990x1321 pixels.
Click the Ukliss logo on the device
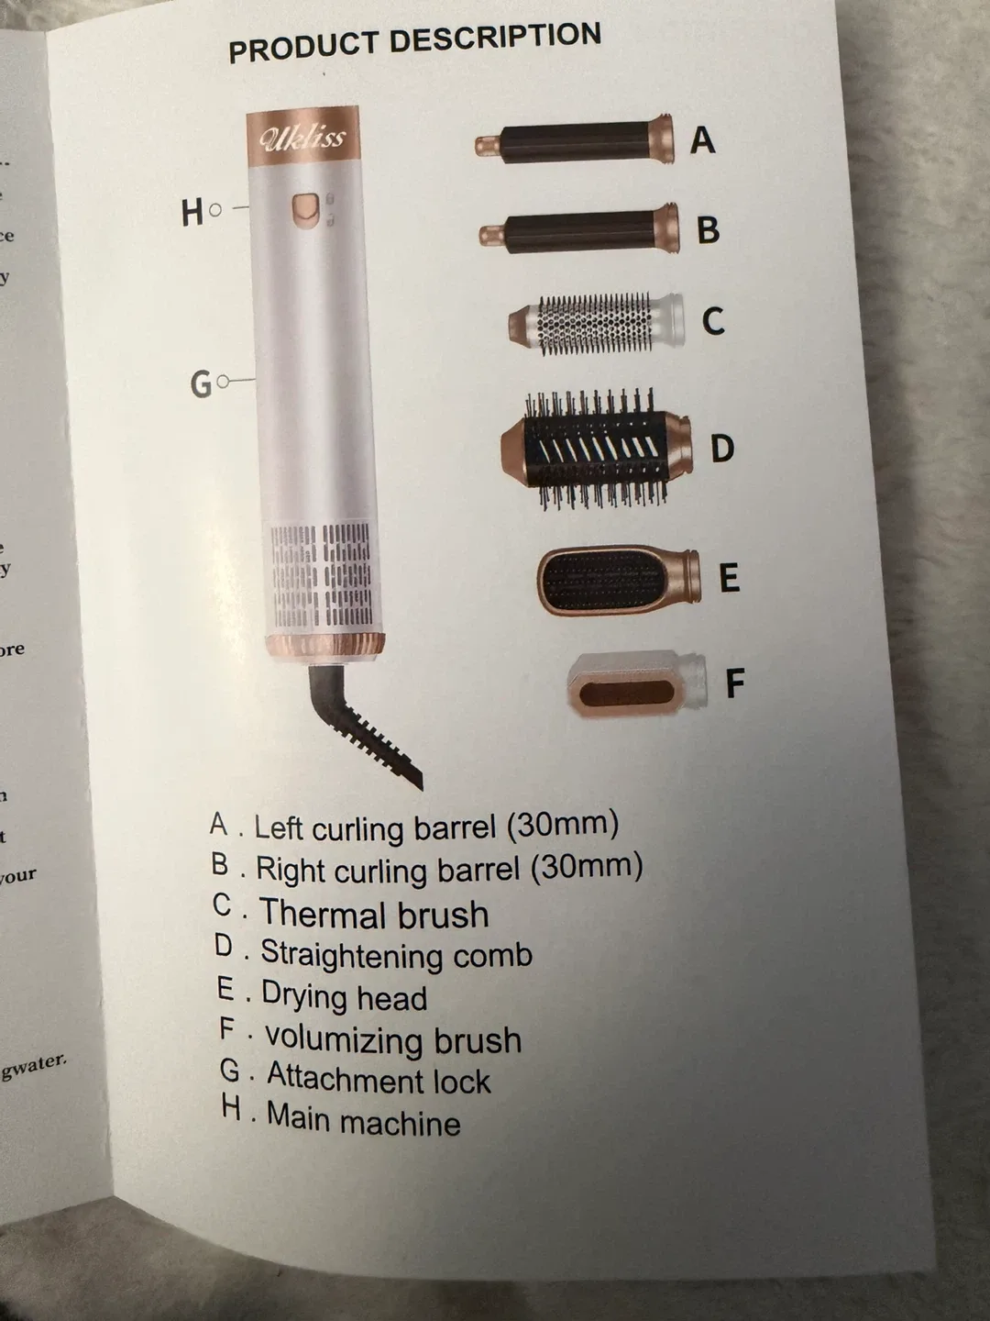302,138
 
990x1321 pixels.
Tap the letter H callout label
192,212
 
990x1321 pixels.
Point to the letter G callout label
201,383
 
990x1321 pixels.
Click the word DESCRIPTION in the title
495,39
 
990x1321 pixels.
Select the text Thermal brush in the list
374,915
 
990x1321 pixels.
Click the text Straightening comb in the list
396,954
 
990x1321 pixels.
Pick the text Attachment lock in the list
379,1079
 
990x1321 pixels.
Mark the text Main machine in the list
364,1120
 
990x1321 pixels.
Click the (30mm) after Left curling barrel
563,824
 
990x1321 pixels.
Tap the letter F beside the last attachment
734,683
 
